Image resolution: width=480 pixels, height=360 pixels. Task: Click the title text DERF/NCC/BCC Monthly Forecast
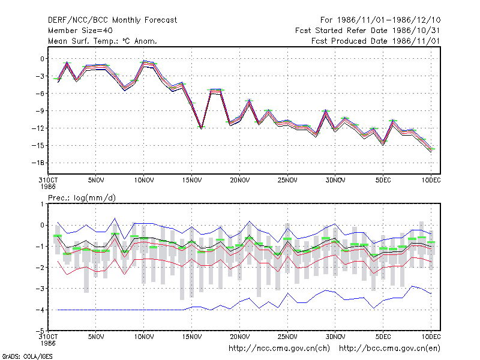pyautogui.click(x=112, y=20)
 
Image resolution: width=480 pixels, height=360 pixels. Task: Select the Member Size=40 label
pyautogui.click(x=80, y=31)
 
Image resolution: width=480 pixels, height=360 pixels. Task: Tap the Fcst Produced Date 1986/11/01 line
pyautogui.click(x=376, y=41)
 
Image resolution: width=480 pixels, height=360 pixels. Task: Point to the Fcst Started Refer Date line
pyautogui.click(x=368, y=31)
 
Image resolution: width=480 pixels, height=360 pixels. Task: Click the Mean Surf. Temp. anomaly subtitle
pyautogui.click(x=103, y=41)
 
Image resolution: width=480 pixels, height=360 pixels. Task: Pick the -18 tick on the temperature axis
pyautogui.click(x=38, y=163)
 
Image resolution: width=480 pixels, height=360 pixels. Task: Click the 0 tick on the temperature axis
pyautogui.click(x=42, y=59)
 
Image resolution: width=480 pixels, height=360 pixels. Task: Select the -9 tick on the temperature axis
pyautogui.click(x=40, y=111)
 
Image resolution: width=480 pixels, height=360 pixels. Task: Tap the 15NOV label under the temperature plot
pyautogui.click(x=192, y=181)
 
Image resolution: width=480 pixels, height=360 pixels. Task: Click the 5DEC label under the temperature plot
pyautogui.click(x=383, y=181)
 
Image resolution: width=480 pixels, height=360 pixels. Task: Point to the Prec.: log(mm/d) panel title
pyautogui.click(x=82, y=198)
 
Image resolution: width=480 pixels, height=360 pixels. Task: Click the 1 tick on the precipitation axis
pyautogui.click(x=42, y=204)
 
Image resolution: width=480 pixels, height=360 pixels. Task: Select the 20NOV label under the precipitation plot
pyautogui.click(x=239, y=337)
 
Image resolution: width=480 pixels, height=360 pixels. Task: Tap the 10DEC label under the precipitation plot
pyautogui.click(x=431, y=337)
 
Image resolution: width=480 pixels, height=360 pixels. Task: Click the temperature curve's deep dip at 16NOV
pyautogui.click(x=201, y=128)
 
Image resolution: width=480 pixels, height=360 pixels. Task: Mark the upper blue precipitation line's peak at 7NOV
pyautogui.click(x=115, y=218)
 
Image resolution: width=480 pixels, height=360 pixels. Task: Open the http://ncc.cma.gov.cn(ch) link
pyautogui.click(x=279, y=349)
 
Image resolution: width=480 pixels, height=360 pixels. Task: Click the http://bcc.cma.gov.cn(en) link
pyautogui.click(x=389, y=349)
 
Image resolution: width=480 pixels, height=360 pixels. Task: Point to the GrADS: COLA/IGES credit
pyautogui.click(x=27, y=356)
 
